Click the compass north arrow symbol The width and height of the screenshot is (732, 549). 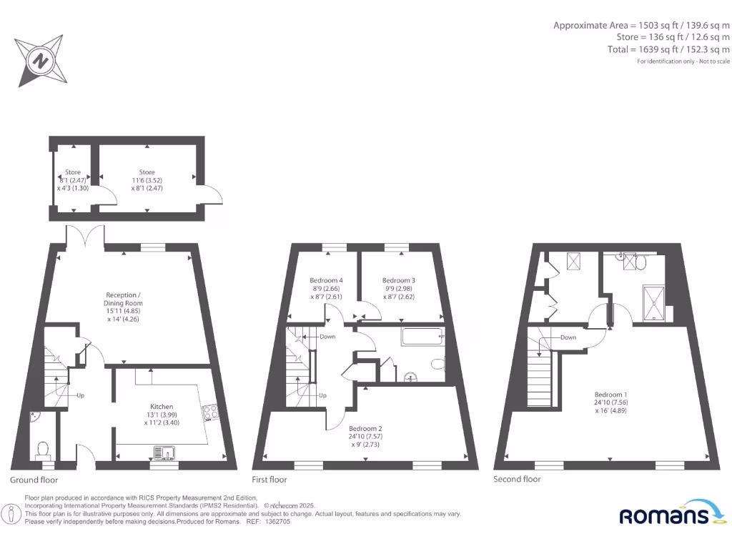(41, 61)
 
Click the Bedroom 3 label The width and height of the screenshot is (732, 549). (399, 280)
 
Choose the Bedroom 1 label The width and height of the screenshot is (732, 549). (612, 394)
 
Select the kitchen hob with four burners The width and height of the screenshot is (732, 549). (211, 411)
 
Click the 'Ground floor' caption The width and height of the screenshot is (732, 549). (34, 480)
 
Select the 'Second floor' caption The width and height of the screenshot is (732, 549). (517, 479)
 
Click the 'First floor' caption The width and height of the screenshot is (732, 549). (269, 480)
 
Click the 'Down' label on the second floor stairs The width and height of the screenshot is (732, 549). (568, 337)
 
